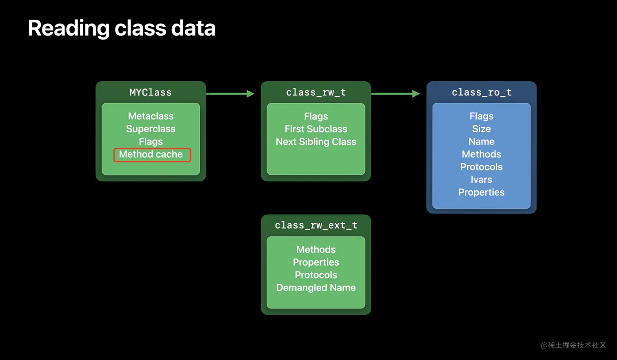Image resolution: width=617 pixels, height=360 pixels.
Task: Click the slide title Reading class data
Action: [122, 28]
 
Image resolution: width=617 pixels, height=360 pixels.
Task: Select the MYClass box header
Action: [151, 93]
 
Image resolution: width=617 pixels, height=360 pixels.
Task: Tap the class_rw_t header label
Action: [316, 93]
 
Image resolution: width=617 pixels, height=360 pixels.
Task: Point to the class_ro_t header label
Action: [482, 93]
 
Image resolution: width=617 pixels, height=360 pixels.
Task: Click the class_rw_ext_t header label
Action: [316, 225]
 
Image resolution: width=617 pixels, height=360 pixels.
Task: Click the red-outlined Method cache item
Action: [151, 154]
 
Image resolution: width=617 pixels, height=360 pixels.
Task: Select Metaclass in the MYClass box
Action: [151, 116]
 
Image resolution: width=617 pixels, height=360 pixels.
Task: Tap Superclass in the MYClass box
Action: [151, 129]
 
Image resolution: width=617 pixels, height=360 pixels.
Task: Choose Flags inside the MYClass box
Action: [151, 142]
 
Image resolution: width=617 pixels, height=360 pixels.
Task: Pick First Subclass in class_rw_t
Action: [316, 129]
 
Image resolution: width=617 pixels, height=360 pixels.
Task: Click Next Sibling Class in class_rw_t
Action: [316, 142]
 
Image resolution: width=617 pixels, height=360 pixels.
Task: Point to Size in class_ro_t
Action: [482, 129]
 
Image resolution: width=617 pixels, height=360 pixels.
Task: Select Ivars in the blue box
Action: [482, 180]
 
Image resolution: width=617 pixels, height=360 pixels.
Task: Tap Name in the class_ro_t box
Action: [482, 142]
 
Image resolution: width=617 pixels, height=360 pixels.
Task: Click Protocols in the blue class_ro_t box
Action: [482, 167]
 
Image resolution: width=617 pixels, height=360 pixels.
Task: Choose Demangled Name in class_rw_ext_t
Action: [316, 288]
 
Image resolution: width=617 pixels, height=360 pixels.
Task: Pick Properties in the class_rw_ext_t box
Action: [316, 262]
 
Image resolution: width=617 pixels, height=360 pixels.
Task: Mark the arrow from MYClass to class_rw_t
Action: [231, 94]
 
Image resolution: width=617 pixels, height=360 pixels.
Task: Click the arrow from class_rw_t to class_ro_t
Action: [395, 94]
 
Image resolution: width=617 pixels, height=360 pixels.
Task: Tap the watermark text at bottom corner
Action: [573, 345]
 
